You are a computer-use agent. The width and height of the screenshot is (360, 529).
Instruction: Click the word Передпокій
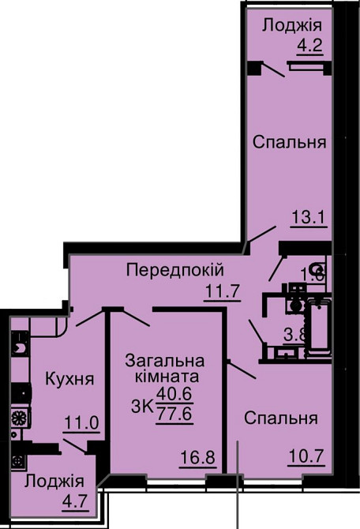[x=175, y=271]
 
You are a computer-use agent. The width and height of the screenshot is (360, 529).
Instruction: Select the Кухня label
[x=69, y=378]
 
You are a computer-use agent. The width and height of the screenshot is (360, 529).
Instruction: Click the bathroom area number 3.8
[x=294, y=334]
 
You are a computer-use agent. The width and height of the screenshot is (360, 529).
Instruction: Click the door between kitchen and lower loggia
[x=77, y=447]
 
